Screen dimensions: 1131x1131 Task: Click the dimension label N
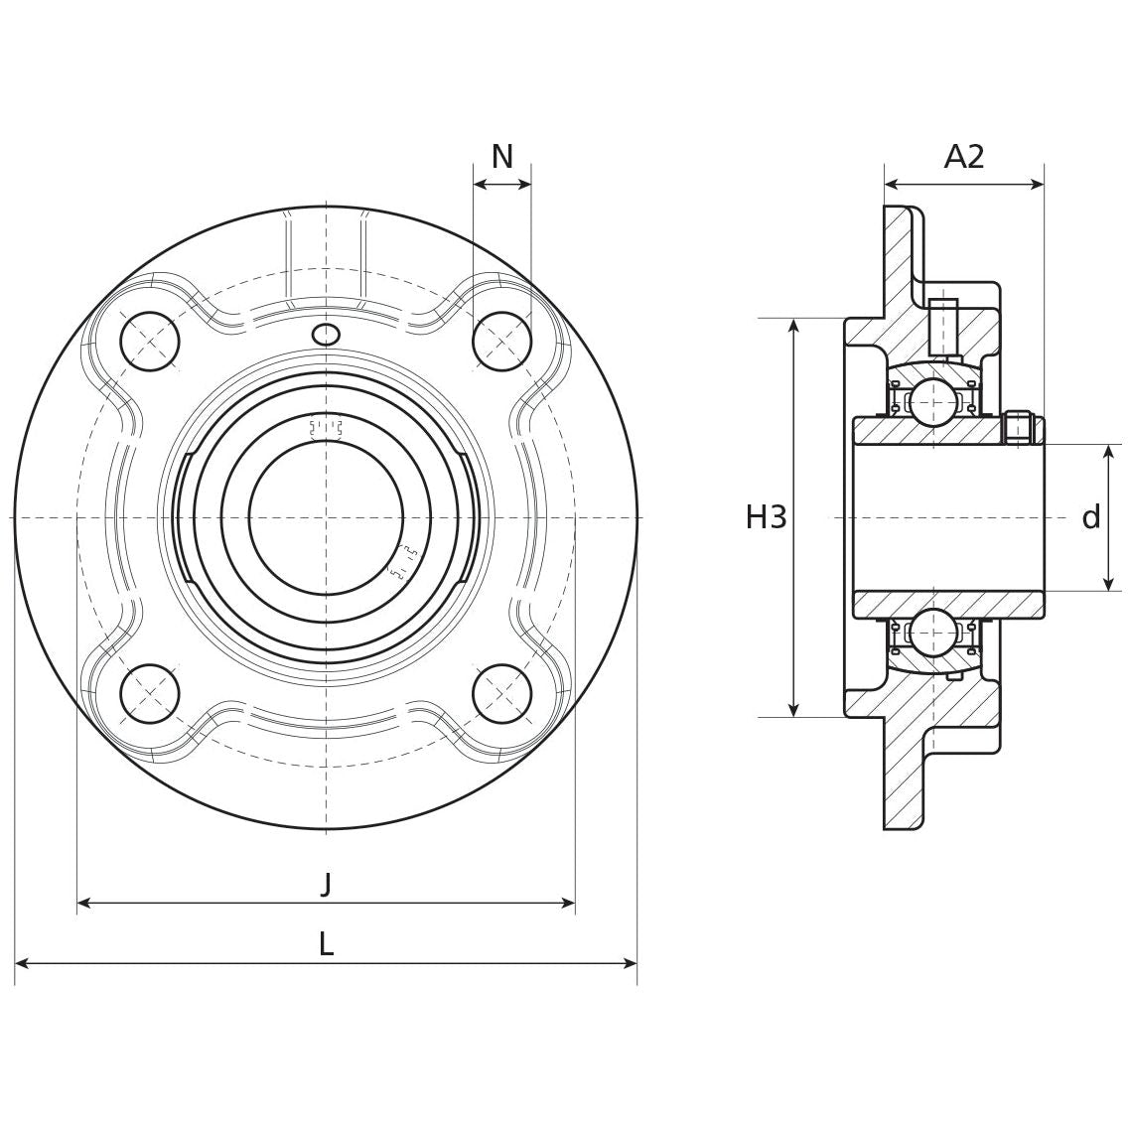502,157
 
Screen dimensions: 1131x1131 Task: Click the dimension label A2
963,157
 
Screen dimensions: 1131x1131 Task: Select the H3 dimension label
766,517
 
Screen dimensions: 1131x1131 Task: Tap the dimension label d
1090,517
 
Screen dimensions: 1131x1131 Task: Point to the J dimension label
326,883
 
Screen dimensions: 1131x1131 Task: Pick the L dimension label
326,944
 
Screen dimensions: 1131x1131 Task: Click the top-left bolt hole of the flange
150,342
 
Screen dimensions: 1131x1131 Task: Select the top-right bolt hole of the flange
502,342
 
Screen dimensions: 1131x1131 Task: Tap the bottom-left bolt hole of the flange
150,693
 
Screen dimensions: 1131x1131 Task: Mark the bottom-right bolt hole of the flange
502,693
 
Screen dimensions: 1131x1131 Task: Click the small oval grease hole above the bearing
326,335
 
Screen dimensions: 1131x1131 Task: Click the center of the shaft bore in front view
326,517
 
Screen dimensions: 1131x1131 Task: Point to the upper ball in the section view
933,402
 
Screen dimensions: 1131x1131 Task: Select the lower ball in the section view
933,633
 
